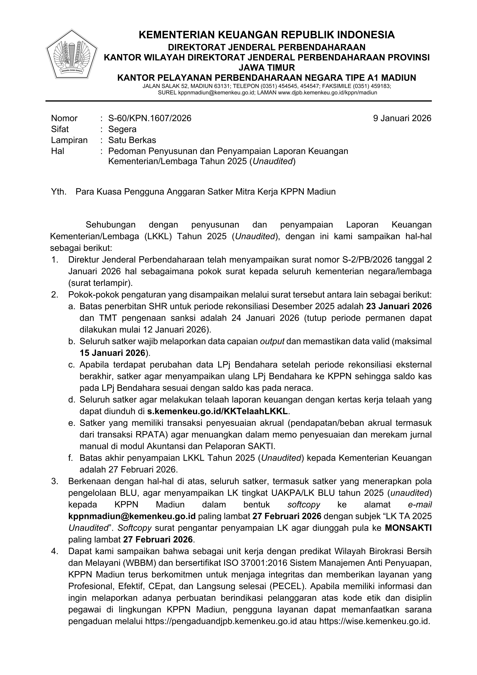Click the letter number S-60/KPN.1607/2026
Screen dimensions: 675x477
pos(150,118)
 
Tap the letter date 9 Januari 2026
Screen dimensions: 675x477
pos(402,118)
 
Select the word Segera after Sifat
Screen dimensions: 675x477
pos(122,129)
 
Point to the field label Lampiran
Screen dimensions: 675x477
pos(69,140)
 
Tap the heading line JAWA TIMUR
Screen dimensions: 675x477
pos(267,68)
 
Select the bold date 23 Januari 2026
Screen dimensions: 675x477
pos(399,306)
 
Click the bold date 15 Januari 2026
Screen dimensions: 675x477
pos(113,353)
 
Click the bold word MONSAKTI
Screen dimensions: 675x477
pos(408,528)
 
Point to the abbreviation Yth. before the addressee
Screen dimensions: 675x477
pos(59,192)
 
